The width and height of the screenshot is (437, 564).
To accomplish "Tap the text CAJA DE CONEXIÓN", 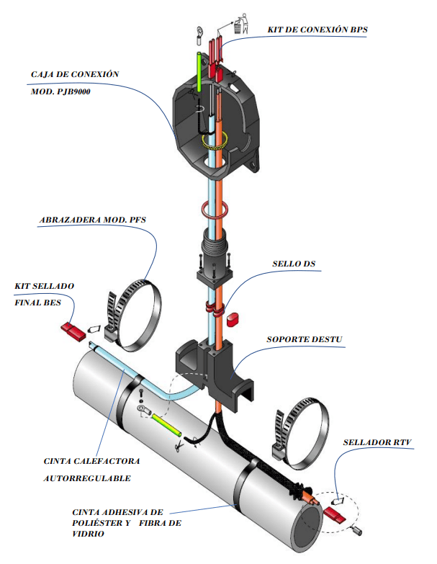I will [74, 74].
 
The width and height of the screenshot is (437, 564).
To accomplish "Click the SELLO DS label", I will [294, 264].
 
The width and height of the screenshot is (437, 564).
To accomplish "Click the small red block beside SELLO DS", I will [233, 317].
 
